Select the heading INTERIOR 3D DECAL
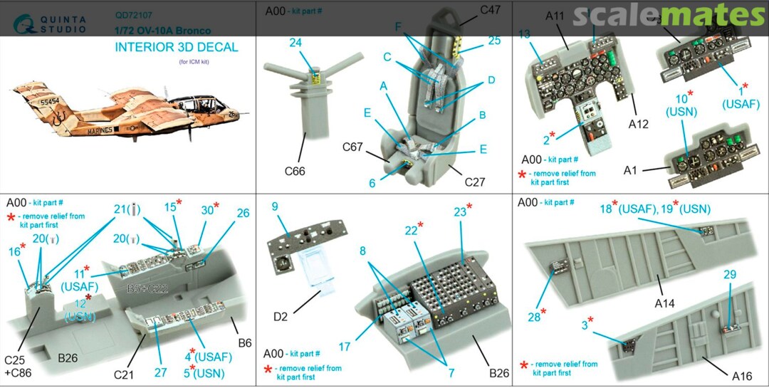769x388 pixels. click(x=177, y=48)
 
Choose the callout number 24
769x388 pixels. click(x=295, y=43)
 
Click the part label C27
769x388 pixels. click(x=474, y=182)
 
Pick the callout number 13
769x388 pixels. click(x=524, y=33)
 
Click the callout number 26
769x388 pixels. click(x=243, y=212)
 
